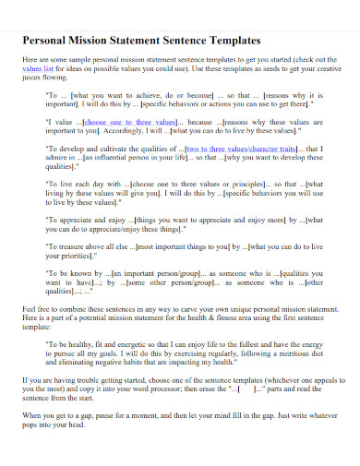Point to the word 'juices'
33,78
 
